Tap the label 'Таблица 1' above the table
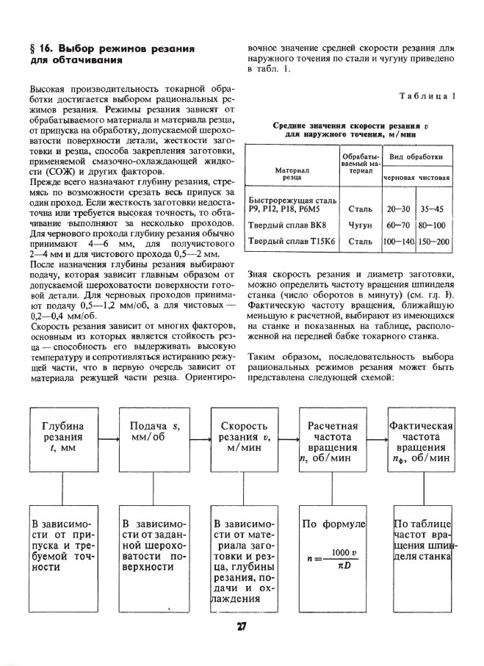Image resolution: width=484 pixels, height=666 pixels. pyautogui.click(x=429, y=97)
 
